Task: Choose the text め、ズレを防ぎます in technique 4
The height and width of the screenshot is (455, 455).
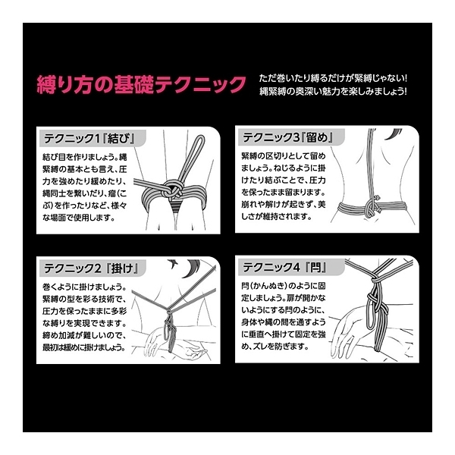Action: (x=278, y=345)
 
